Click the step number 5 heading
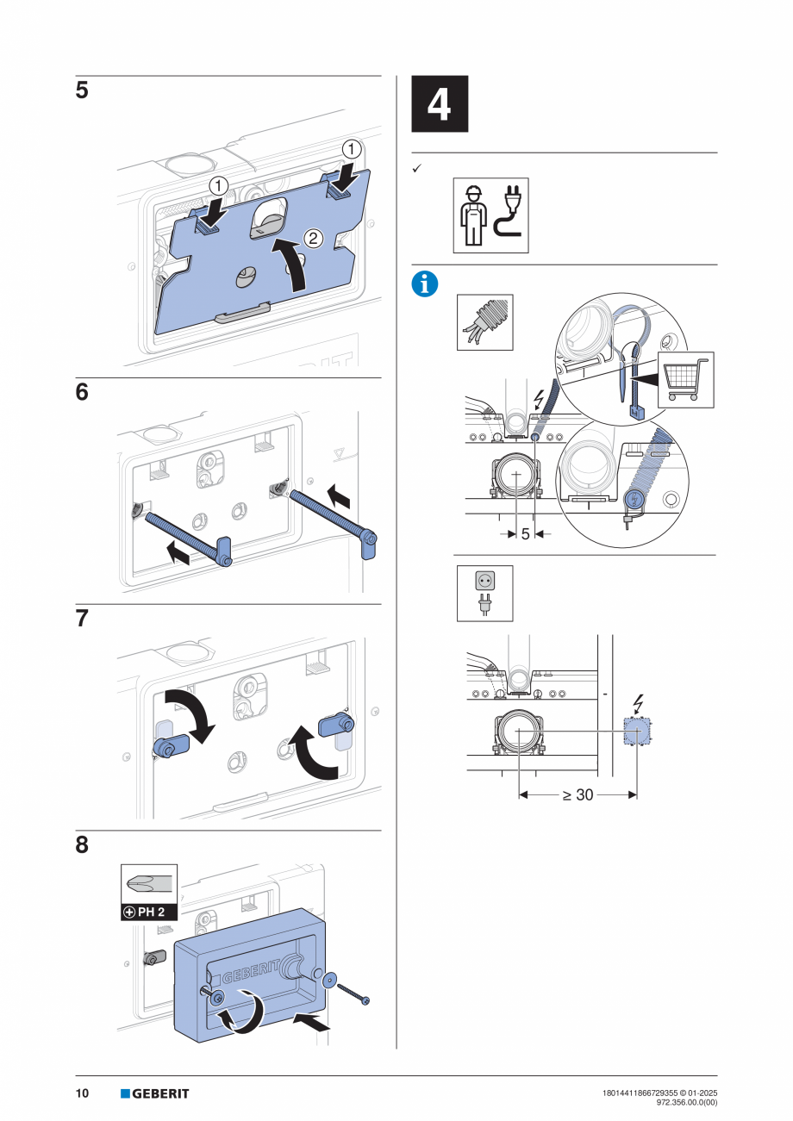coord(82,91)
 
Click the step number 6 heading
coord(82,392)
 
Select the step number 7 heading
coord(82,619)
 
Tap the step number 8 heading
coord(82,845)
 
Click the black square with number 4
coord(440,104)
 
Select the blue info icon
coord(424,284)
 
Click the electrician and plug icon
coord(490,215)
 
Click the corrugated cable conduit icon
coord(484,322)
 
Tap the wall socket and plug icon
coord(484,593)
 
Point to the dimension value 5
coord(525,534)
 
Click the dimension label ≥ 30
coord(578,794)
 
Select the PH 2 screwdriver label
coord(148,911)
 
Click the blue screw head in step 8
coord(366,1000)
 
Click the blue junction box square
coord(637,732)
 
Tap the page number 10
coord(82,1093)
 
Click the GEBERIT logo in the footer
coord(155,1093)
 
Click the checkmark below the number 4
coord(416,169)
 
